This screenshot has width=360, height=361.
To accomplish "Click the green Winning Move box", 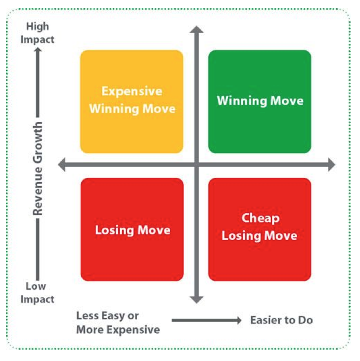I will point(260,101).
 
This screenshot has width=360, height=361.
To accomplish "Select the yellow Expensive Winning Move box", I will point(131,101).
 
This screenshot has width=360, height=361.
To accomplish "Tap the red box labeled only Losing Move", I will point(132,230).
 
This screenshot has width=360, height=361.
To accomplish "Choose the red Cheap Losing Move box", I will point(260,230).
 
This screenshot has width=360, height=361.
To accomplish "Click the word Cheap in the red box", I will point(260,218).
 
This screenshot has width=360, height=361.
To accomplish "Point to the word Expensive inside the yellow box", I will point(131,92).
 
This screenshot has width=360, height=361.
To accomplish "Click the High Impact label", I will point(37,33).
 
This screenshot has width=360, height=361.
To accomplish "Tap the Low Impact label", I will point(37,293).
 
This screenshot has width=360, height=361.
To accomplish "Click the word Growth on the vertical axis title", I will point(37,142).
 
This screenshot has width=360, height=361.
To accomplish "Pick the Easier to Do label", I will point(281,320).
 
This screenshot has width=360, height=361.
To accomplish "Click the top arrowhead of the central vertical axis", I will point(196,31).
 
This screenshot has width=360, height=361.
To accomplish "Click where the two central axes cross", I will point(196,165).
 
